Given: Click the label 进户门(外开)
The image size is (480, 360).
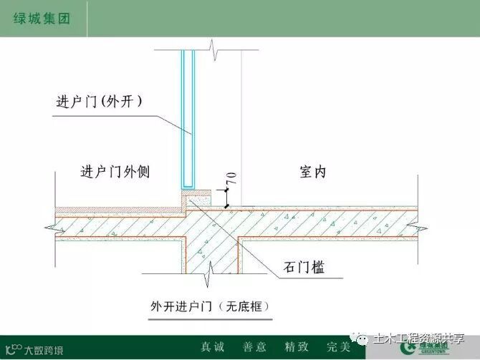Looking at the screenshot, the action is pyautogui.click(x=99, y=101).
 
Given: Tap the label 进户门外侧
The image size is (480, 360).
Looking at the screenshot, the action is pyautogui.click(x=115, y=172).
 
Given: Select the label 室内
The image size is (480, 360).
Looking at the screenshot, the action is pyautogui.click(x=311, y=172).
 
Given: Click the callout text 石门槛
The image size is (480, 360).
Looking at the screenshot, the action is pyautogui.click(x=303, y=268).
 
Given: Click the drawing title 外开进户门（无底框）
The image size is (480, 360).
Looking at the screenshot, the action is pyautogui.click(x=208, y=306).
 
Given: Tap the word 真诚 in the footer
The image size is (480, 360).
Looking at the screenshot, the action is pyautogui.click(x=212, y=346).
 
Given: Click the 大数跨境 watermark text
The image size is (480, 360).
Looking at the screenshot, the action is pyautogui.click(x=43, y=350).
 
